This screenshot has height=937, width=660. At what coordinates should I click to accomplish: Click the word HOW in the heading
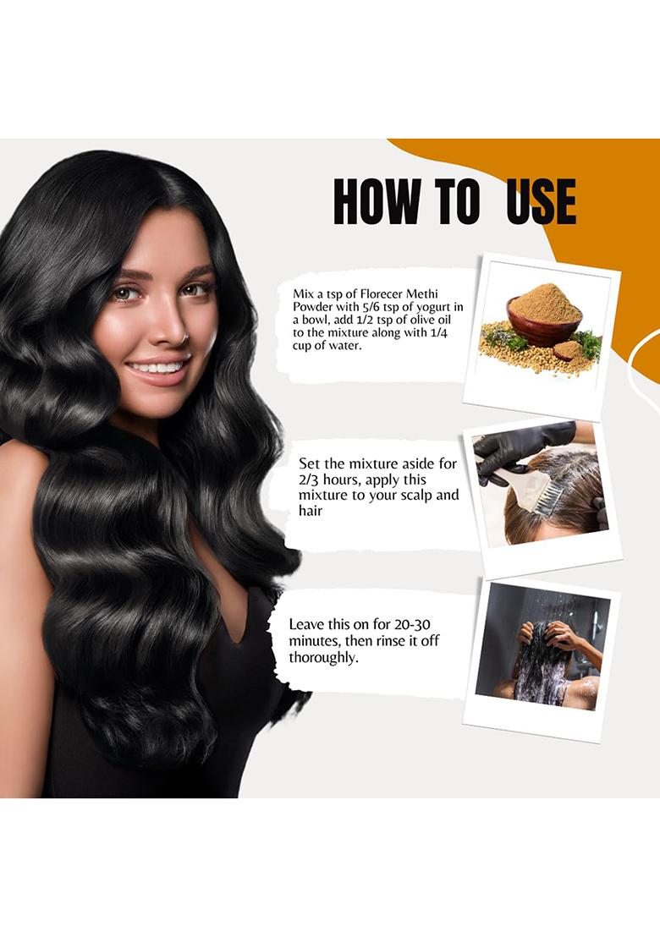[377, 200]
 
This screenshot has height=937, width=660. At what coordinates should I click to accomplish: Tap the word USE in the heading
[541, 200]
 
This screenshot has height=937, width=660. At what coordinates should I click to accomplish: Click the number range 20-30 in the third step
[412, 624]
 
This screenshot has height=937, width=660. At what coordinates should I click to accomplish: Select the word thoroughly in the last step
[323, 657]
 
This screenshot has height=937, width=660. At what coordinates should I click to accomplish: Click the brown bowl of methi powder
[544, 323]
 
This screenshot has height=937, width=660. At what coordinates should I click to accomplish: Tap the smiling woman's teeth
[157, 367]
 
